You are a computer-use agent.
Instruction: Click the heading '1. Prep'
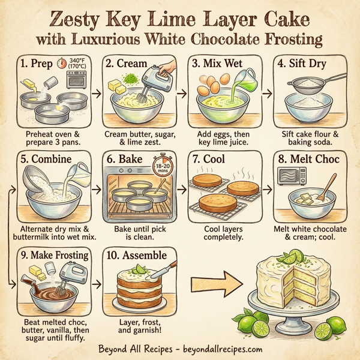34,63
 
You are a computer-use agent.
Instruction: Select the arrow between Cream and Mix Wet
180,94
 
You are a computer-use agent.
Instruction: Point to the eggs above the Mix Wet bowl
210,84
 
